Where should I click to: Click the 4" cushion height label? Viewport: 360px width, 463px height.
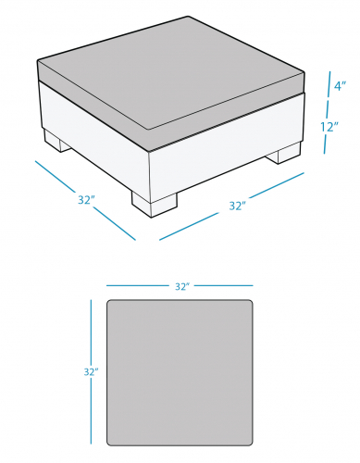[x=340, y=85]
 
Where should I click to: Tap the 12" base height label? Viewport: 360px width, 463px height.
[x=329, y=127]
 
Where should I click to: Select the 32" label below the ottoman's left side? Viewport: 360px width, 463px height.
[x=86, y=200]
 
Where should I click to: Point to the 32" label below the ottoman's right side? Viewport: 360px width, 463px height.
[x=238, y=206]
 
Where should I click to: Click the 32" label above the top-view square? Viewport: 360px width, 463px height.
[x=182, y=286]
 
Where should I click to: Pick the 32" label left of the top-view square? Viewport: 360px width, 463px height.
[x=92, y=372]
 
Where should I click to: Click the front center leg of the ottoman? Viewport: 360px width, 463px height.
[x=155, y=205]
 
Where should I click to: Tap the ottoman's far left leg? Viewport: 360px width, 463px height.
[x=57, y=141]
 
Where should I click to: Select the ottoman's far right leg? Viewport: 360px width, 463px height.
[x=283, y=154]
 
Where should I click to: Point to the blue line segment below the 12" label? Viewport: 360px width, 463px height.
[x=325, y=144]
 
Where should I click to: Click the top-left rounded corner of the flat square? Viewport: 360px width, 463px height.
[x=109, y=302]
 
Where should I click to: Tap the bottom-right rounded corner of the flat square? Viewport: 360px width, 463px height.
[x=251, y=444]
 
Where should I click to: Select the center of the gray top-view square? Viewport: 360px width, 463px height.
[x=180, y=372]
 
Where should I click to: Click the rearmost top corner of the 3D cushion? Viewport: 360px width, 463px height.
[x=188, y=17]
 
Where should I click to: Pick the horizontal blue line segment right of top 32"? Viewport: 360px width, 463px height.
[x=224, y=285]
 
